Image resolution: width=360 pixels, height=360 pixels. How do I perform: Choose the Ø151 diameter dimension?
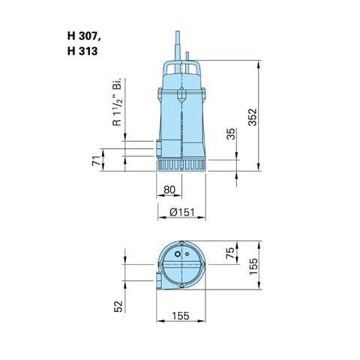click(182, 212)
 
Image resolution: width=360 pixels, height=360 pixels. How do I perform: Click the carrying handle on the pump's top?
click(181, 68)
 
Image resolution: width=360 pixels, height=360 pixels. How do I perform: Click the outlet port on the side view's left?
click(159, 148)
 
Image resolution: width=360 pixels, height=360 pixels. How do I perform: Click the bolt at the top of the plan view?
click(181, 242)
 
